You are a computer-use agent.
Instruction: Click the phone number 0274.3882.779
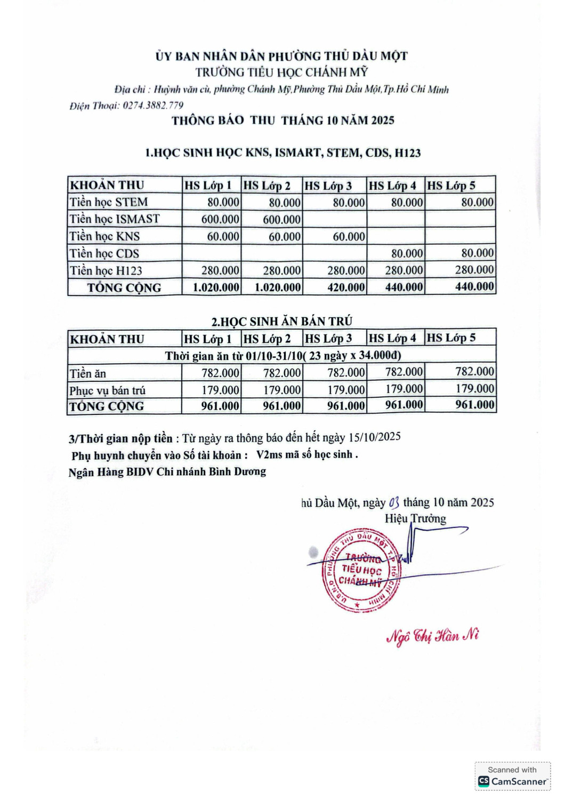pos(153,106)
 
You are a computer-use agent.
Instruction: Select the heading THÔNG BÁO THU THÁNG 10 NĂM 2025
pos(282,121)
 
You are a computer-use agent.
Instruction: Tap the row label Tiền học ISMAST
pos(115,219)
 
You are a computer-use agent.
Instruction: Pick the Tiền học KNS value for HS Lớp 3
pos(349,237)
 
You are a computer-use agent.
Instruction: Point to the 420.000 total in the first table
pos(346,287)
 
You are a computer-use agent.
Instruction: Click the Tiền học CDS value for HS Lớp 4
pos(407,253)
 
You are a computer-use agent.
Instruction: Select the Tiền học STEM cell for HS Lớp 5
pos(477,202)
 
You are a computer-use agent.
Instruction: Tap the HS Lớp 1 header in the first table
pos(208,186)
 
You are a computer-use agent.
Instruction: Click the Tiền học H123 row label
pos(106,270)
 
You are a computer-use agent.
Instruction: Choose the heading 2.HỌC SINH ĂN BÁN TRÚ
pos(281,322)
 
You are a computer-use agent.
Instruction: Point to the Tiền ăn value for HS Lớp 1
pos(220,373)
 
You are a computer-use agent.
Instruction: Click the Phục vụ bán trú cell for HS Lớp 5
pos(474,389)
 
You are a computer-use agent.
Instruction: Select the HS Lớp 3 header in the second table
pos(328,339)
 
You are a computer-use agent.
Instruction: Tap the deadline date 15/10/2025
pos(374,437)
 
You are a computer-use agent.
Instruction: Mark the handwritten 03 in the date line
pos(394,502)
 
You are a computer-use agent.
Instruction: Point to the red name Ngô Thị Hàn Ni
pos(432,636)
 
